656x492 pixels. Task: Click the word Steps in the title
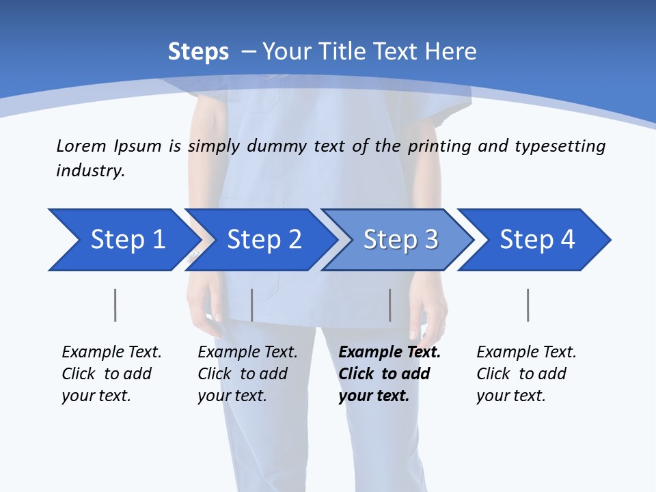pos(198,52)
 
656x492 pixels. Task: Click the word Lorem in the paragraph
pos(81,146)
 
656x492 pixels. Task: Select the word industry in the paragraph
pos(90,171)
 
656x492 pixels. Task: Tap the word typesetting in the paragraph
pos(560,146)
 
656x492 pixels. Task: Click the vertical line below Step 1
pos(115,305)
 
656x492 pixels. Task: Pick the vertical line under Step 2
pos(252,305)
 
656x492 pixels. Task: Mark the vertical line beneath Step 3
pos(390,305)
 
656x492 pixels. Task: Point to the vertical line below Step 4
pos(528,305)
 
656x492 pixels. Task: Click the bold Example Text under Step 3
pos(389,353)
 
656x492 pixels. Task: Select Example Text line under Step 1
pos(111,353)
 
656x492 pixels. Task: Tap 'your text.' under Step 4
pos(510,396)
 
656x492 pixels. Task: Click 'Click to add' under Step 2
pos(243,374)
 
